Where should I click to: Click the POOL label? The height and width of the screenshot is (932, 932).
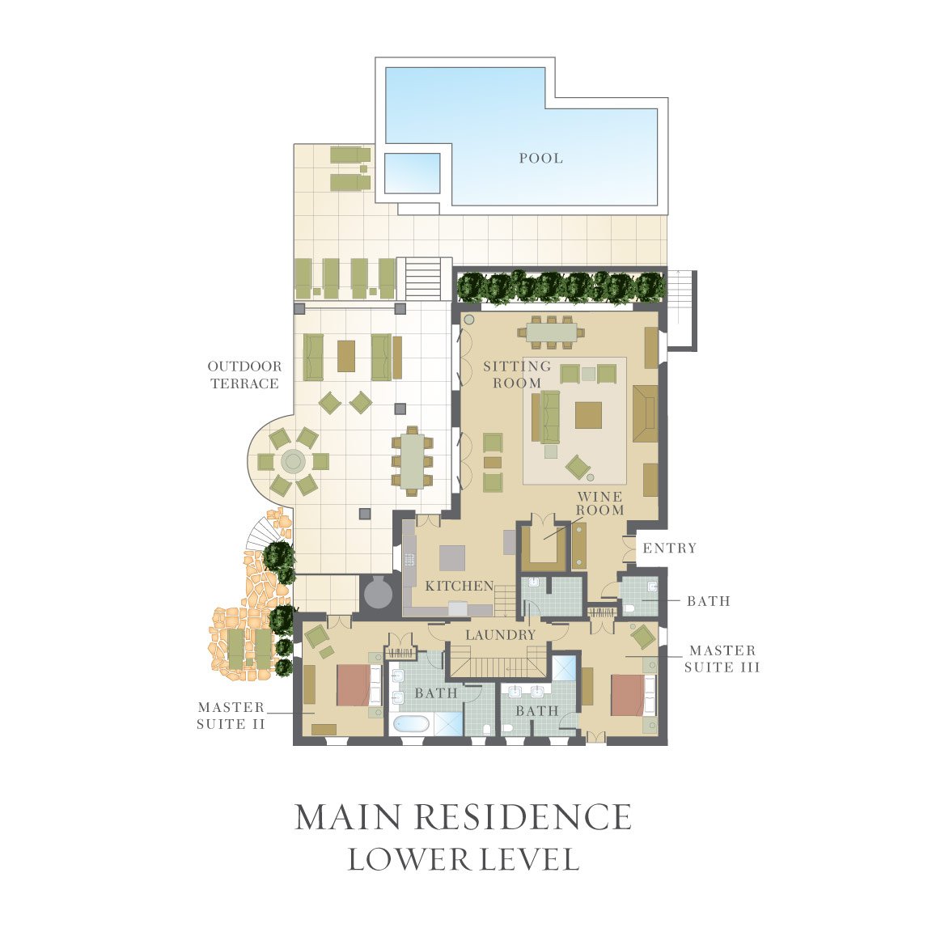point(540,158)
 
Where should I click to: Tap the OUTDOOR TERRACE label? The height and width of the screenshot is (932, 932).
point(244,375)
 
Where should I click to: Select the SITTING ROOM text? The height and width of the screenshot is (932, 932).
point(516,375)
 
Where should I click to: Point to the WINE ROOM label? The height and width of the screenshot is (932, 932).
point(599,503)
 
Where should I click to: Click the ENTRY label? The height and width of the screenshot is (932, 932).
point(669,548)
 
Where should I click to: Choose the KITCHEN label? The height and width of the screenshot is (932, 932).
point(460,586)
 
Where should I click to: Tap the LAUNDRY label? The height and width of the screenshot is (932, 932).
point(501,635)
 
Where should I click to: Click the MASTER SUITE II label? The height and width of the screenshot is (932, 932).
point(231,716)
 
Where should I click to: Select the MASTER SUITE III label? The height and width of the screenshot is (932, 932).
point(722,659)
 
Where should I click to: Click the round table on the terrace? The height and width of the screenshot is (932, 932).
point(293,460)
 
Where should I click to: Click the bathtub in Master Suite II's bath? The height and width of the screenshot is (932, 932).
point(411,725)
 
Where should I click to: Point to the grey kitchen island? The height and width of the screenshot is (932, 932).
point(453,558)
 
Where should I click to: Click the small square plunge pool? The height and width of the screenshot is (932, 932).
point(412,173)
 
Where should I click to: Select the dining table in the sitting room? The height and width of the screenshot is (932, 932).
point(552,332)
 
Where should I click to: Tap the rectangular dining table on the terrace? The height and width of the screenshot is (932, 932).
point(412,460)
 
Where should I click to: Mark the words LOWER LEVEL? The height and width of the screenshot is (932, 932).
point(463,859)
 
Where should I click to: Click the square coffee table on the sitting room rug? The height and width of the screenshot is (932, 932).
point(588,415)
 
